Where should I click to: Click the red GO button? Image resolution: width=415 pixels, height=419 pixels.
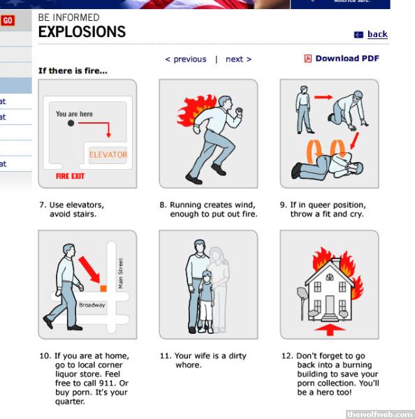pos(8,20)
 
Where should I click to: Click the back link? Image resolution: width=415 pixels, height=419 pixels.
pos(377,34)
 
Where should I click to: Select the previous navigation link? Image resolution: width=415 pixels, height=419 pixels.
pos(186,59)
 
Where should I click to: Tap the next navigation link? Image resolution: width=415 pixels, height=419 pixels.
pos(238,59)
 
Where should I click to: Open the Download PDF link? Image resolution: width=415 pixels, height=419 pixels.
pos(347,58)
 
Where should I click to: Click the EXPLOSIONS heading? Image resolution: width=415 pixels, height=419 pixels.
pos(82,31)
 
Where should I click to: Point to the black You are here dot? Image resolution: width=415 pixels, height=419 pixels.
pos(71,123)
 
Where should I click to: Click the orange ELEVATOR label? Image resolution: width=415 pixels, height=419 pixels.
pos(108,155)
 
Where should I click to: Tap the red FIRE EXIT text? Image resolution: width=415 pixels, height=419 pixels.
pos(70,176)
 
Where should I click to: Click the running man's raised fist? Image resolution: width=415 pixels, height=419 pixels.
pos(239,110)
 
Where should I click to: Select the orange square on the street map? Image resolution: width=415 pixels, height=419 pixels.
pos(103,288)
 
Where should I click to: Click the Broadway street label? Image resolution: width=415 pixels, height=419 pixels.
pos(92,305)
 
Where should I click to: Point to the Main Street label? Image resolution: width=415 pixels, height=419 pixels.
pos(121,273)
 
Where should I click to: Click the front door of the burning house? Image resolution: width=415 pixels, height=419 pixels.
pos(330,305)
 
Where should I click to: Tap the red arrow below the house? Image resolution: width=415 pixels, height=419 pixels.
pos(330,330)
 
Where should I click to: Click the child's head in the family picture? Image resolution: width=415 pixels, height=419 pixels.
pos(206,277)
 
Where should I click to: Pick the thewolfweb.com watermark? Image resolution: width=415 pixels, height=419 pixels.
pos(380,414)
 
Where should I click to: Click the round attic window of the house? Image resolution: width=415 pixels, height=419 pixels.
pos(330,277)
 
